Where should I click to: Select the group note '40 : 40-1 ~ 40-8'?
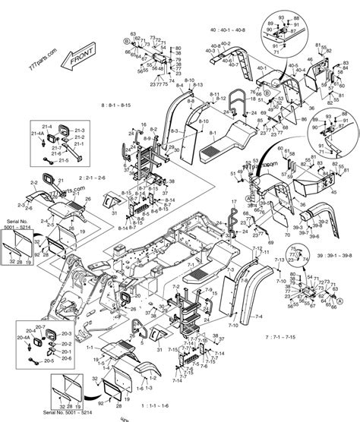(x=228, y=31)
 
